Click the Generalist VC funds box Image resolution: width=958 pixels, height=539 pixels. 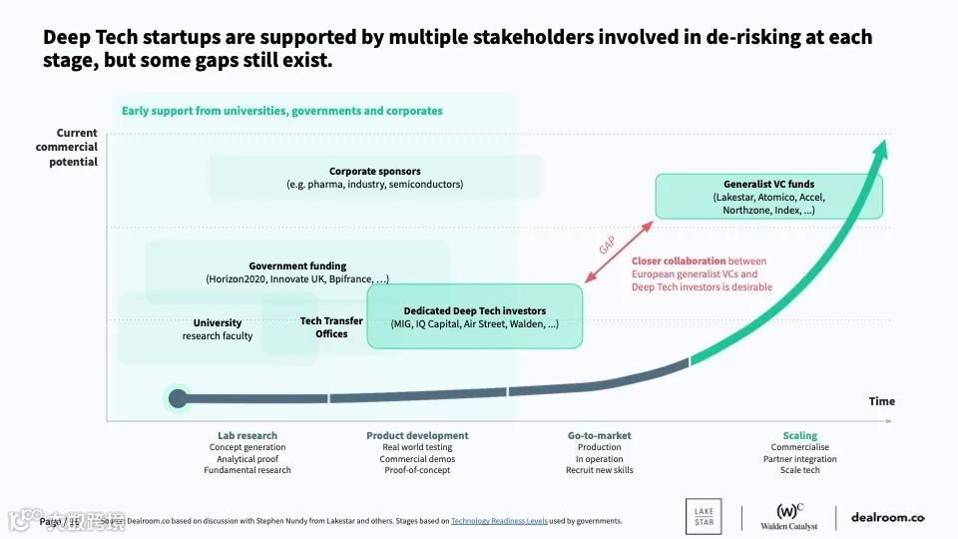pos(768,197)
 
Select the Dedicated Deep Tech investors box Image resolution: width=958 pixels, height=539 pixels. pos(474,316)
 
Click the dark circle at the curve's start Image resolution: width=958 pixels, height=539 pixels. pos(178,399)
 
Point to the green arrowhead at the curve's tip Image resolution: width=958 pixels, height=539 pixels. pos(879,154)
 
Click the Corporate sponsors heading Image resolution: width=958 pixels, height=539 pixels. pos(374,172)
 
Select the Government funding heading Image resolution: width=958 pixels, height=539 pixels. pos(297,267)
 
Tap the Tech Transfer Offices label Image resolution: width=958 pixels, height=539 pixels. pos(331,327)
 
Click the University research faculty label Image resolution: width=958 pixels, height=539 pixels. pos(218,329)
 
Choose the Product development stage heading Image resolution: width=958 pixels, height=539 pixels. pos(417,436)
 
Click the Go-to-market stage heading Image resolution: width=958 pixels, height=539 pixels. pos(599,436)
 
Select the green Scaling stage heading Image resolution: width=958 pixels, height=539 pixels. pos(799,436)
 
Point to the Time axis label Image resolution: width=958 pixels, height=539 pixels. pos(881,401)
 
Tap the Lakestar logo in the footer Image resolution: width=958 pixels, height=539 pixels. pos(705,516)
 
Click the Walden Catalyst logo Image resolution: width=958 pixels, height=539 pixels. pos(788,516)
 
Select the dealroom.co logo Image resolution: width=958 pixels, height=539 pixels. pos(887,517)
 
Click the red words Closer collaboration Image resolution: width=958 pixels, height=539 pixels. pos(679,262)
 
